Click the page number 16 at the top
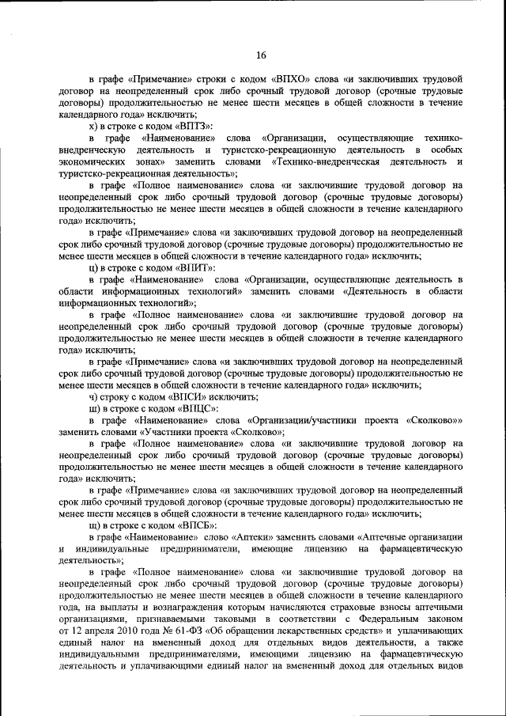click(x=262, y=55)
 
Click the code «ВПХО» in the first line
click(x=293, y=81)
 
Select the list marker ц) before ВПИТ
click(x=93, y=267)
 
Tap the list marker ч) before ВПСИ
click(x=93, y=396)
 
